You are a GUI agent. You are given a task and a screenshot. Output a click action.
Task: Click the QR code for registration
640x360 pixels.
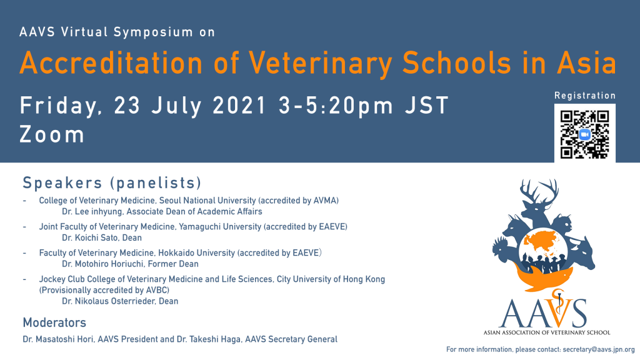[x=584, y=134]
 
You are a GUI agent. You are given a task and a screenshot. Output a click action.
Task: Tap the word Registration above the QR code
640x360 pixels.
[x=584, y=96]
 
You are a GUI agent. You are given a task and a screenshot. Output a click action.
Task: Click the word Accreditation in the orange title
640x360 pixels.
[x=111, y=63]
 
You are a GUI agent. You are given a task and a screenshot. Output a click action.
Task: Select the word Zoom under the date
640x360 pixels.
[x=52, y=134]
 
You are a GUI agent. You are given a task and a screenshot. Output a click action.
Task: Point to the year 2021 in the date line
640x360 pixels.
[x=239, y=105]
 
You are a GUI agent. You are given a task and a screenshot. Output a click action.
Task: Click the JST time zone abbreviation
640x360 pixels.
[x=427, y=105]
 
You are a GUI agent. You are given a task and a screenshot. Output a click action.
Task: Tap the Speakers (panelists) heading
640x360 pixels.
[x=112, y=183]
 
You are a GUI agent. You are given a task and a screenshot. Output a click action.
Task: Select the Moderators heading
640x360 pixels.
[x=54, y=322]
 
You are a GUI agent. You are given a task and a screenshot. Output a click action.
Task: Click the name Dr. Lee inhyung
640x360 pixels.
[x=92, y=211]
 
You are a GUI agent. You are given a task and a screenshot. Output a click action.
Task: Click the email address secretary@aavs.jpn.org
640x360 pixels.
[x=598, y=349]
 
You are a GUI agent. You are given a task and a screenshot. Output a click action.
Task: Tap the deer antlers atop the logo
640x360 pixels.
[x=539, y=192]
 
